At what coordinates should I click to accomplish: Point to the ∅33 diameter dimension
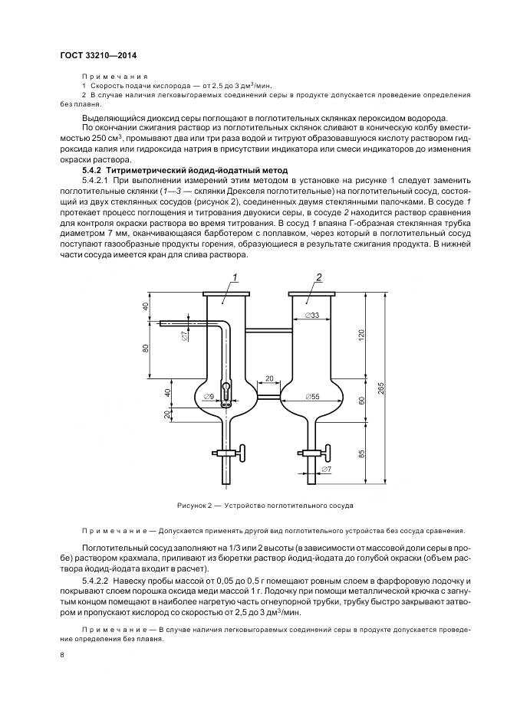pyautogui.click(x=311, y=315)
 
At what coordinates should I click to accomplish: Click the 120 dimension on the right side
pyautogui.click(x=360, y=336)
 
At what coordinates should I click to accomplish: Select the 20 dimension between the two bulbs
pyautogui.click(x=269, y=378)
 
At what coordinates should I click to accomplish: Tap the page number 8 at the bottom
pyautogui.click(x=61, y=656)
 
